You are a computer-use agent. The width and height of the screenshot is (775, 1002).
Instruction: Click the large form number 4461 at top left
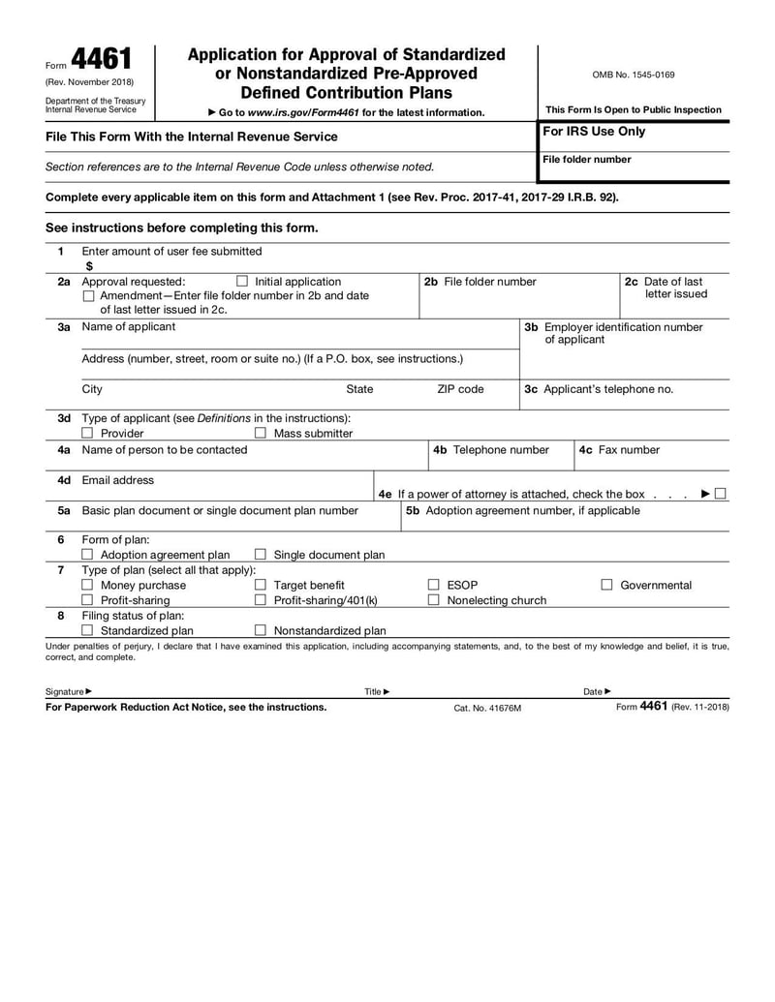(x=101, y=62)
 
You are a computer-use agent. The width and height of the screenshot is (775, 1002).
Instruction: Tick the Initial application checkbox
(x=242, y=282)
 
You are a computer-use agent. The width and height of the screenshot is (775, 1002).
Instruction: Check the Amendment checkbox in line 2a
(x=89, y=296)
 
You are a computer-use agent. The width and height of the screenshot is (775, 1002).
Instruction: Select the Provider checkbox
(x=88, y=434)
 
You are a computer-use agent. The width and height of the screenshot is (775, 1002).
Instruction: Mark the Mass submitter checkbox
(x=260, y=434)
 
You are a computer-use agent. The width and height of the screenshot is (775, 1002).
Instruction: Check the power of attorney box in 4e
(x=721, y=494)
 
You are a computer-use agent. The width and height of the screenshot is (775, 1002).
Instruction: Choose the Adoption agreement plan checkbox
(x=88, y=555)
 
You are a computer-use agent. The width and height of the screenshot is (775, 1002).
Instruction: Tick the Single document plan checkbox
(x=260, y=555)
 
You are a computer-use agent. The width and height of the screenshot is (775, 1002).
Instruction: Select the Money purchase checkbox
(x=88, y=585)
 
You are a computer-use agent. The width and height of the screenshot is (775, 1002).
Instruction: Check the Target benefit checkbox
(x=260, y=585)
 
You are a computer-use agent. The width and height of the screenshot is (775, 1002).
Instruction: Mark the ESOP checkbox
(x=434, y=585)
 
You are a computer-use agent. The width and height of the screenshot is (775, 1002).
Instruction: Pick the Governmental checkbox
(x=607, y=585)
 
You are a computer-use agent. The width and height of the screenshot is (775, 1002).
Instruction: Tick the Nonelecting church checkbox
(x=434, y=600)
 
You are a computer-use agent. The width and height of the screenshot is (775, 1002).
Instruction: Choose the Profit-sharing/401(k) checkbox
(x=260, y=600)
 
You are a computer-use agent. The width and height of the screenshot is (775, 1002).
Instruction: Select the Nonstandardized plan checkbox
(x=260, y=631)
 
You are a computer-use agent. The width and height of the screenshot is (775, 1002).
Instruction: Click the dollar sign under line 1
(x=89, y=265)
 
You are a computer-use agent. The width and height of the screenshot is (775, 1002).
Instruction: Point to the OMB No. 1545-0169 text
(x=634, y=75)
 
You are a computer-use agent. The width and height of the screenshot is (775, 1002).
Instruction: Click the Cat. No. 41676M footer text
(x=487, y=708)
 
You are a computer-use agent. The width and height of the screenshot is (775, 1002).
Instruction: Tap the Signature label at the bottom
(x=66, y=691)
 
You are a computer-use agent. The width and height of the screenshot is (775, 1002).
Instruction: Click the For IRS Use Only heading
(x=593, y=132)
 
